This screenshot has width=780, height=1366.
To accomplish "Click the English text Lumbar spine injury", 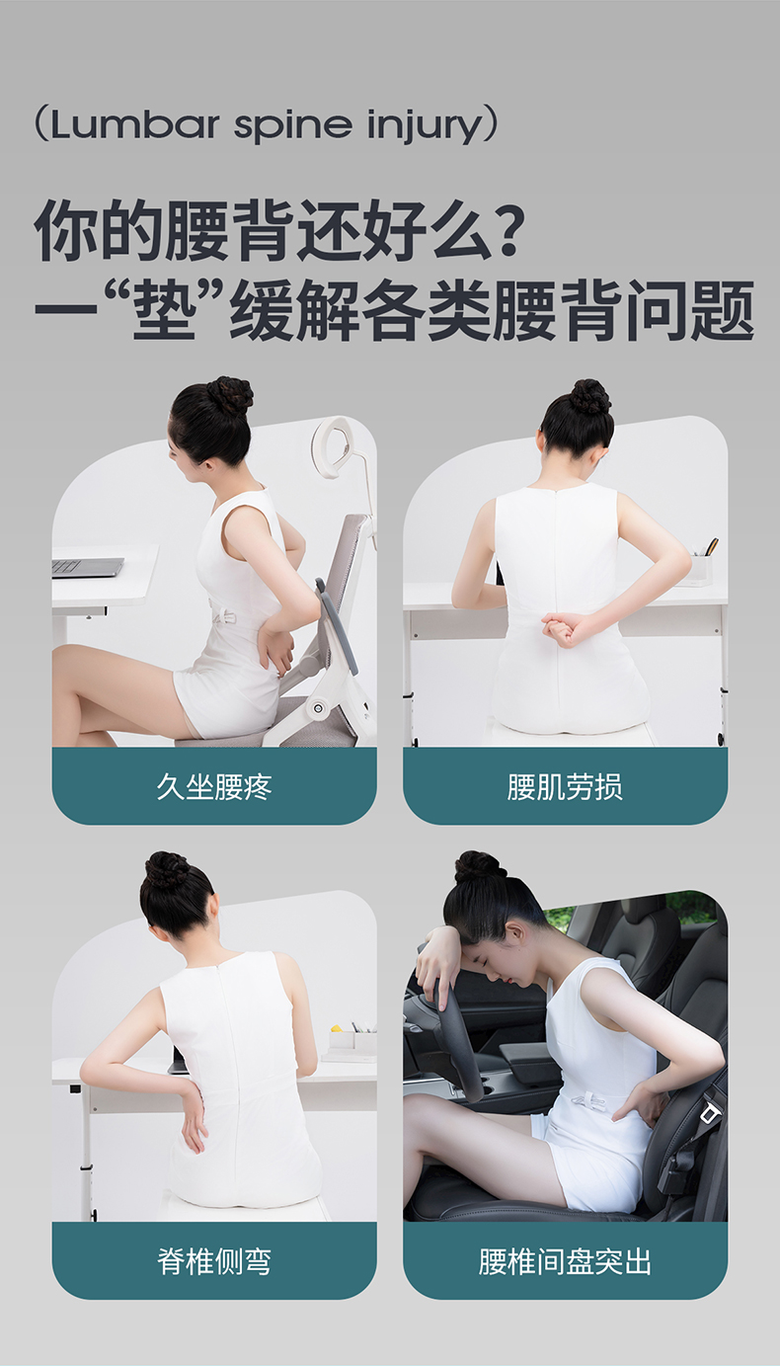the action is [266, 126].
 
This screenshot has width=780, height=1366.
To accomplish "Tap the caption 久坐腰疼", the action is [214, 786].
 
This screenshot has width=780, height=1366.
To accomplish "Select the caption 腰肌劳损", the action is [565, 786].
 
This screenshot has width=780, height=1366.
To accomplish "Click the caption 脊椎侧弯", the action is [214, 1260].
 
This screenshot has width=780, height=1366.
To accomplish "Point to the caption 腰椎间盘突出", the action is [565, 1260].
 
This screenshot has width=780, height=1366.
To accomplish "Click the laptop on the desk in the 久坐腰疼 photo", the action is [87, 567].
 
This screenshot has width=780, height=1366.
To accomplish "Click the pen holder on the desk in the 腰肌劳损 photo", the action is [701, 568].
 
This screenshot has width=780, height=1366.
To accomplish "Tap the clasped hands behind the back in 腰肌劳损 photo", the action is [564, 629].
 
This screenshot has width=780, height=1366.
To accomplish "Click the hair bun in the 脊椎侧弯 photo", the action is [167, 869].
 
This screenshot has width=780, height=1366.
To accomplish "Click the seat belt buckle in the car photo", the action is [709, 1113].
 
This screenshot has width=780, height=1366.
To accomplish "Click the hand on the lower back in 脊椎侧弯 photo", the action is [192, 1115].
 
